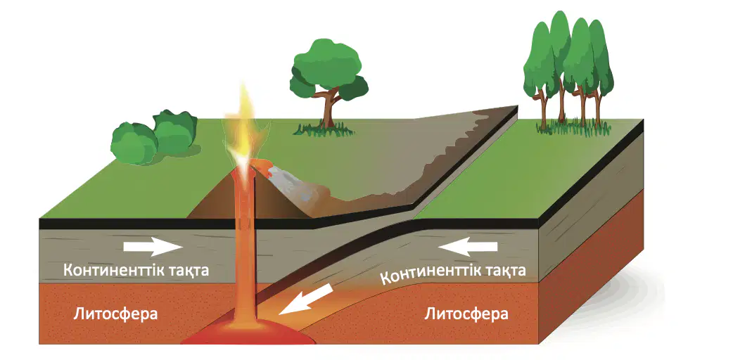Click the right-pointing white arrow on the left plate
(x=153, y=247)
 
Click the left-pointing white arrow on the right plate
(x=468, y=246)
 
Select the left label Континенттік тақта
(x=136, y=270)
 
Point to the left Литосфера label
(x=115, y=314)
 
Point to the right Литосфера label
(x=466, y=314)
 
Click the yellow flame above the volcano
(x=243, y=127)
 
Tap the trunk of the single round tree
(x=329, y=110)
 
